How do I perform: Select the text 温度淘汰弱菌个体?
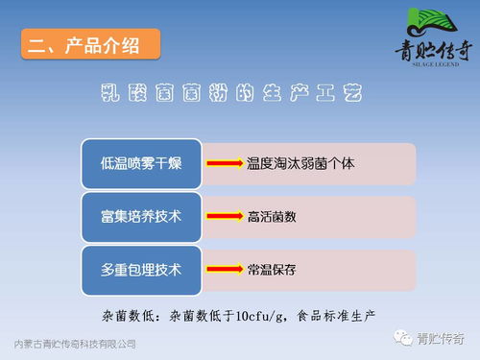coord(300,164)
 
